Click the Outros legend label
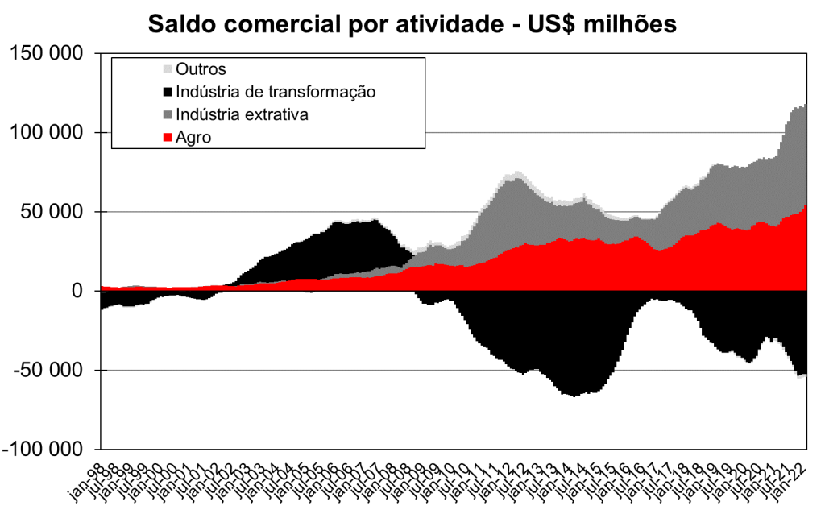(201, 69)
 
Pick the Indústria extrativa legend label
(242, 114)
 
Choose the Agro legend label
(193, 137)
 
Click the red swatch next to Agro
(168, 138)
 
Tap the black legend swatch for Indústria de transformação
(168, 92)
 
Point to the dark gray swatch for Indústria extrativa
(168, 114)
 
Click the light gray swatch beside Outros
(168, 69)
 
